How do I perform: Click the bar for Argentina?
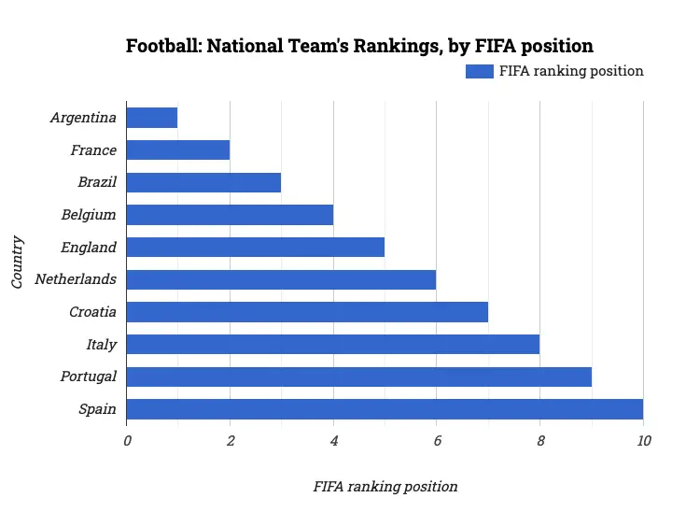coord(151,118)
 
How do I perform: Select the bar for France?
coord(177,150)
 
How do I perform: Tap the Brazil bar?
coord(203,182)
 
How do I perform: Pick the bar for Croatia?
coord(307,312)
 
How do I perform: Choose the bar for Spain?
coord(385,409)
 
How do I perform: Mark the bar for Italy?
coord(332,345)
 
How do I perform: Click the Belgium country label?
coord(89,215)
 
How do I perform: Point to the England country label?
coord(89,248)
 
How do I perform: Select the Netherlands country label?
coord(76,279)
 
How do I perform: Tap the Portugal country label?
coord(89,377)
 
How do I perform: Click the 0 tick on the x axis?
coord(127,441)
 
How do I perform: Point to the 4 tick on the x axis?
coord(333,441)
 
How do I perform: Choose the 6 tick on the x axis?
coord(436,441)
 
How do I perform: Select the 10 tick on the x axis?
coord(643,441)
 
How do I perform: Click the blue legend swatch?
coord(479,71)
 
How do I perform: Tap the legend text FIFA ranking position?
coord(571,71)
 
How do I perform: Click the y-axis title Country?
coord(18,263)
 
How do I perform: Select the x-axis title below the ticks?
coord(385,487)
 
